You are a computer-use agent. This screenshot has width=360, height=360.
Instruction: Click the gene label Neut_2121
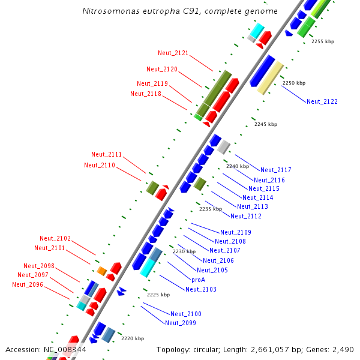pyautogui.click(x=173, y=53)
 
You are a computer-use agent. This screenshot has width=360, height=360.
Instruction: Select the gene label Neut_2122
pyautogui.click(x=322, y=101)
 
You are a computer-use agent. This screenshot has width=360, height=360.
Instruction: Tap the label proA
pyautogui.click(x=199, y=280)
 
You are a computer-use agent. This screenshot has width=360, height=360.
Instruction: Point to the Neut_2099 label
pyautogui.click(x=181, y=323)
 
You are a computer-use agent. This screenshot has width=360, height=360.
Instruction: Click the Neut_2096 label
pyautogui.click(x=28, y=284)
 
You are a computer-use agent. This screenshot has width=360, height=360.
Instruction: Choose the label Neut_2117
pyautogui.click(x=276, y=170)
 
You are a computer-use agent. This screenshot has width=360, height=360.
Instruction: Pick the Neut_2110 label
pyautogui.click(x=99, y=165)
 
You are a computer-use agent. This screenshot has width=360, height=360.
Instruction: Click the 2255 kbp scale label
pyautogui.click(x=323, y=41)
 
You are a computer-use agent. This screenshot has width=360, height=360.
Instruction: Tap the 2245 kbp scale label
pyautogui.click(x=266, y=124)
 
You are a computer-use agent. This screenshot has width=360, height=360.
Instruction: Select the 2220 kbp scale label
pyautogui.click(x=133, y=338)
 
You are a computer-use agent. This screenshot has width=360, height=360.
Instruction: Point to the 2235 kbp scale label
pyautogui.click(x=211, y=209)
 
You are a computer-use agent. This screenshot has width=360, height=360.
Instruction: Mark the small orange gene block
pyautogui.click(x=102, y=271)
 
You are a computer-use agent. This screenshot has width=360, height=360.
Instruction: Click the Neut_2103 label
pyautogui.click(x=201, y=289)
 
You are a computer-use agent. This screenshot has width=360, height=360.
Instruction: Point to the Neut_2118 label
pyautogui.click(x=145, y=93)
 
